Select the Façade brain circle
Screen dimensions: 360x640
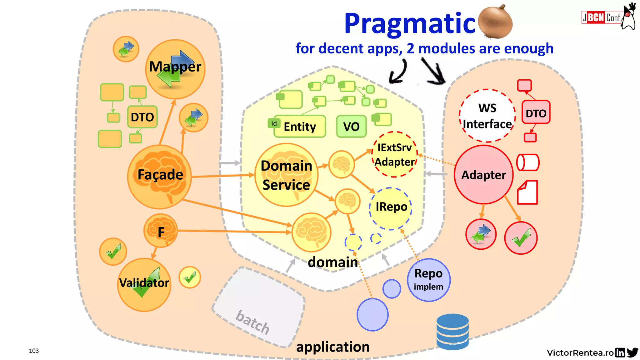click(x=160, y=177)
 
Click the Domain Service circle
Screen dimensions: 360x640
click(x=286, y=175)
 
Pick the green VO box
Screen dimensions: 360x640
click(x=351, y=127)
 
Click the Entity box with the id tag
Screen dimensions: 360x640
click(x=299, y=127)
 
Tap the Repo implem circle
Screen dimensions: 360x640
click(x=428, y=280)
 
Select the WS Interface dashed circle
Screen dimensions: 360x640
click(x=487, y=116)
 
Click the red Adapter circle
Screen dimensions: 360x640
click(x=483, y=175)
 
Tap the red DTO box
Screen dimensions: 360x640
click(x=536, y=113)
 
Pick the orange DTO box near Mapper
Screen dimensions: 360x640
click(x=142, y=117)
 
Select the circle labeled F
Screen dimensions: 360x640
click(x=161, y=232)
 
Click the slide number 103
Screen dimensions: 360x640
click(x=34, y=351)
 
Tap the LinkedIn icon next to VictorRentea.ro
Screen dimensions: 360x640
click(x=620, y=352)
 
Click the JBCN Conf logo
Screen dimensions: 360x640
click(x=601, y=17)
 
